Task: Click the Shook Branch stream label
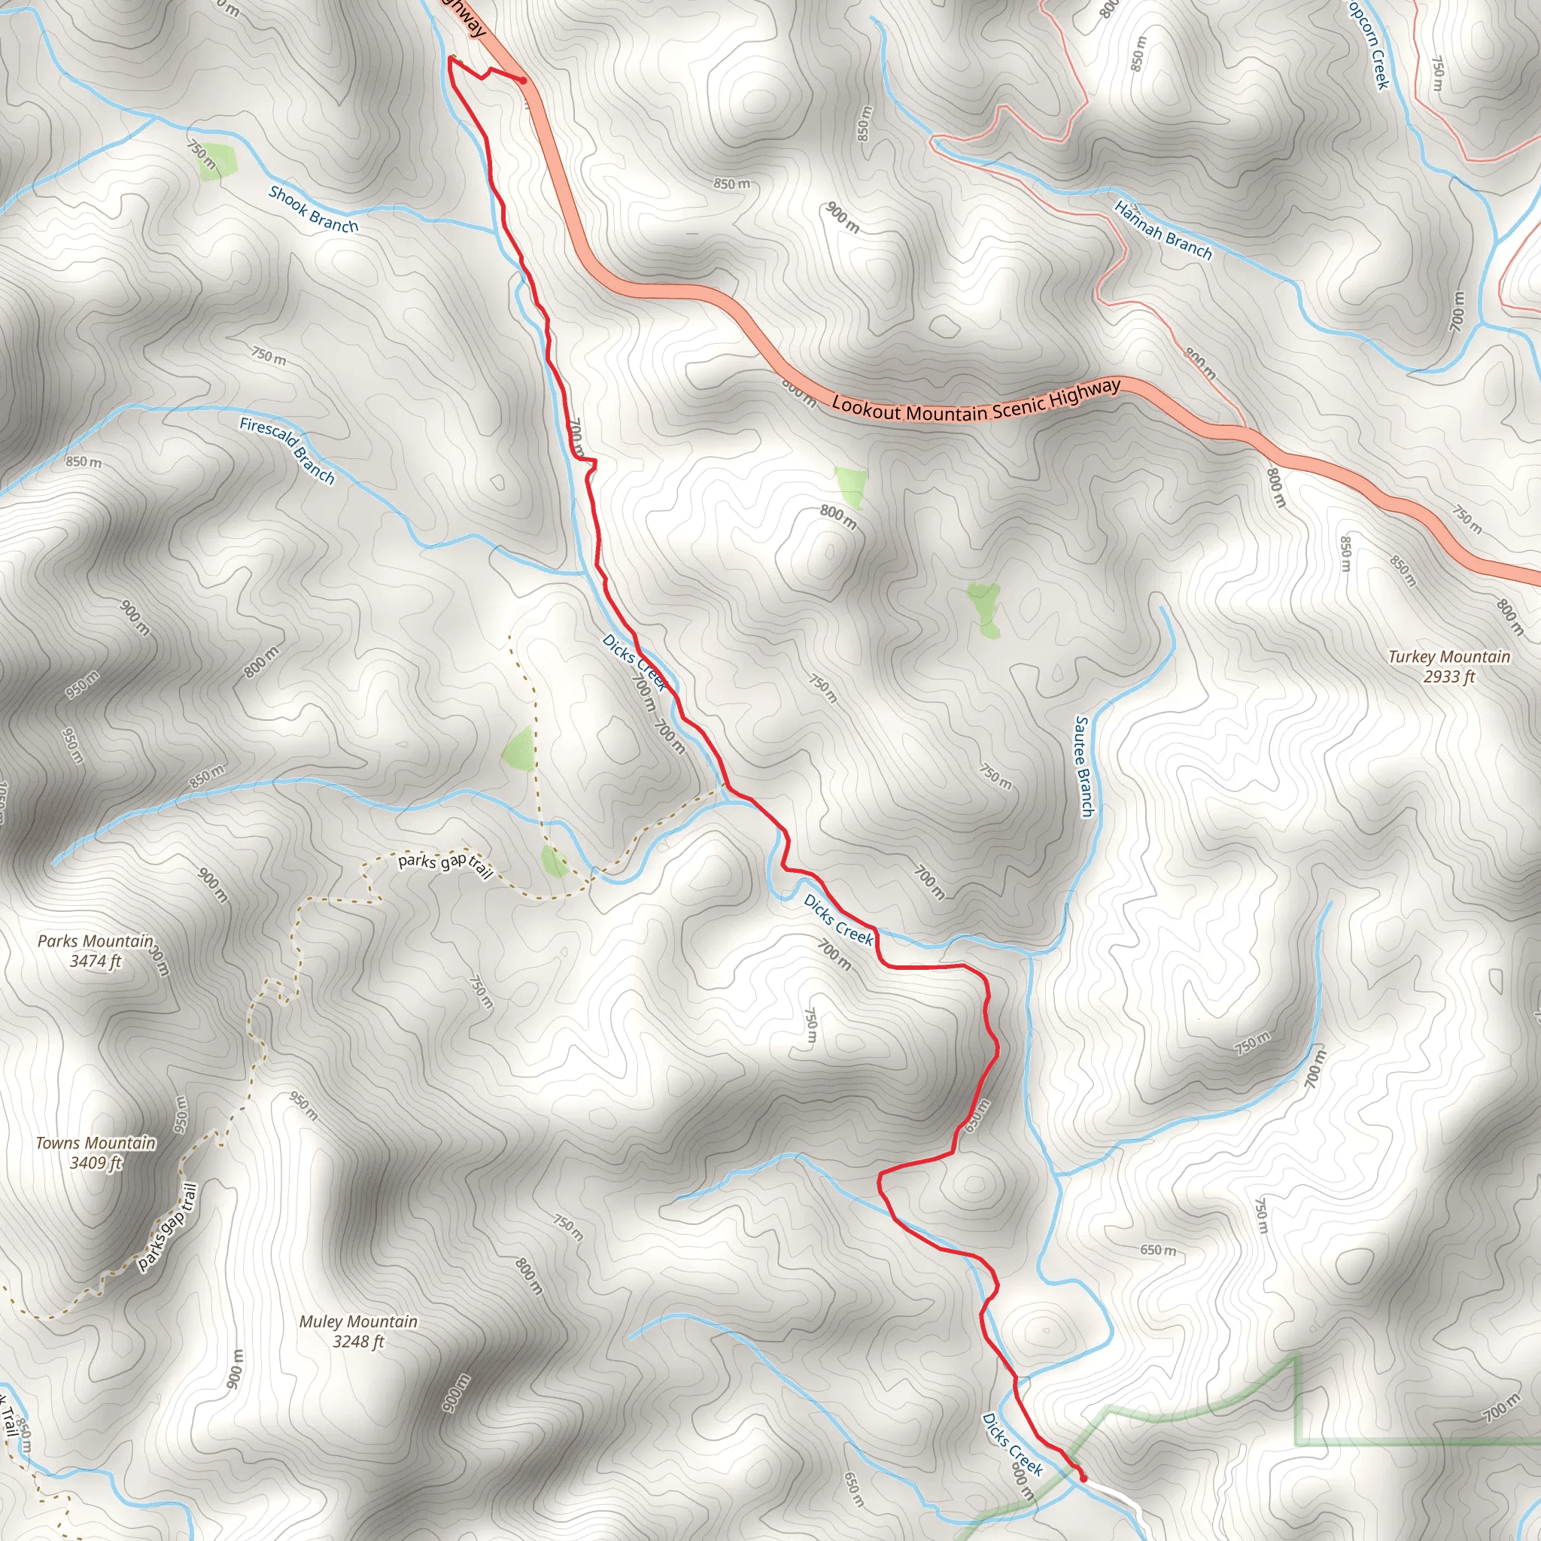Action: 314,209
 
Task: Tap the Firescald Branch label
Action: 287,450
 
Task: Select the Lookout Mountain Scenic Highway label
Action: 975,401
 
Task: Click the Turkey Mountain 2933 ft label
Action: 1448,666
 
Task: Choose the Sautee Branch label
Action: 1084,766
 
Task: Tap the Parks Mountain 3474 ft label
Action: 95,951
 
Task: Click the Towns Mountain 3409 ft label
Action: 96,1153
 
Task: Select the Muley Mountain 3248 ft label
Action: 358,1331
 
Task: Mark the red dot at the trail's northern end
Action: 523,80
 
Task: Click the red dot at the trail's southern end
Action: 1084,1479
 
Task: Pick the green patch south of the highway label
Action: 852,487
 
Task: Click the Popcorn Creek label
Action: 1369,44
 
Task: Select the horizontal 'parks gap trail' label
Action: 444,864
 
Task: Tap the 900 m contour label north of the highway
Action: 842,217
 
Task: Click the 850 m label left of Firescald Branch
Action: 83,462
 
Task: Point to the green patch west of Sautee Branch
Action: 984,609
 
